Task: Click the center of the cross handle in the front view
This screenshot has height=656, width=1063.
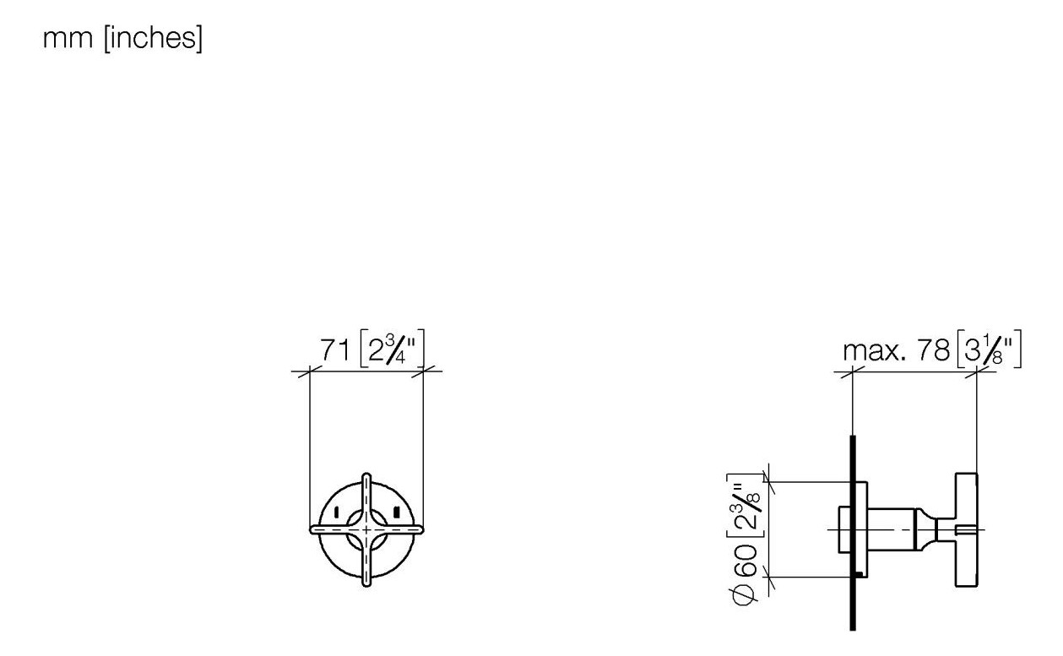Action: pyautogui.click(x=366, y=529)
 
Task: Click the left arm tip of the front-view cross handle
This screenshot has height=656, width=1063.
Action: pyautogui.click(x=315, y=529)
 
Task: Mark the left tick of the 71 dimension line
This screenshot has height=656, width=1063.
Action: pyautogui.click(x=311, y=370)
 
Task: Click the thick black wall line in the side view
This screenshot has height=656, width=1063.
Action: pyautogui.click(x=854, y=591)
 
